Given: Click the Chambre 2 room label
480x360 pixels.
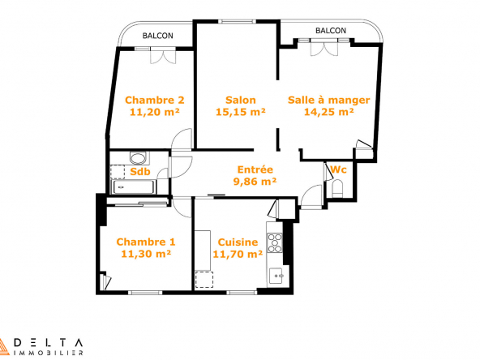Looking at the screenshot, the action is pyautogui.click(x=155, y=100).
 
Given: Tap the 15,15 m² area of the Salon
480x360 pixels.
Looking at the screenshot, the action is pyautogui.click(x=240, y=112).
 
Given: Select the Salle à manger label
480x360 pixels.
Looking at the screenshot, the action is pyautogui.click(x=328, y=100).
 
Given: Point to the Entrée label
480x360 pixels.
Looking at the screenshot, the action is pyautogui.click(x=255, y=169).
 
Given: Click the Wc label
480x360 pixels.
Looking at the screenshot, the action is pyautogui.click(x=338, y=169).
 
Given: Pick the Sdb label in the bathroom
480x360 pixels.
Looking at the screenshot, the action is pyautogui.click(x=140, y=171).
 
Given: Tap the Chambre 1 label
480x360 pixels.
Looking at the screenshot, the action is pyautogui.click(x=146, y=242).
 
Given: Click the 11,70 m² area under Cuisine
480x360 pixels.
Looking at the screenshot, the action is pyautogui.click(x=238, y=254).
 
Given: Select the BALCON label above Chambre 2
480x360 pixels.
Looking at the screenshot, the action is pyautogui.click(x=157, y=36).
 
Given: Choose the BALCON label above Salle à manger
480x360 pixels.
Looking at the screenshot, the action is pyautogui.click(x=331, y=31).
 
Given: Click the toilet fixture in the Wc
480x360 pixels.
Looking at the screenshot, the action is pyautogui.click(x=338, y=188).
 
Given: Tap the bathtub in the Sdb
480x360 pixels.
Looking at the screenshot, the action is pyautogui.click(x=133, y=186).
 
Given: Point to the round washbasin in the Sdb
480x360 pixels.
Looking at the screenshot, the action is pyautogui.click(x=138, y=159).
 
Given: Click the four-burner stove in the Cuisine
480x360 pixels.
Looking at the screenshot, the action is pyautogui.click(x=275, y=242).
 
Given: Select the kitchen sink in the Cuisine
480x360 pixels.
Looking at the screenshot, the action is pyautogui.click(x=277, y=276).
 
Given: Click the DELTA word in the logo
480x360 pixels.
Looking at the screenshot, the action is pyautogui.click(x=49, y=343).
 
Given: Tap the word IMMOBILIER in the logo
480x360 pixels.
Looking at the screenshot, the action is pyautogui.click(x=49, y=353).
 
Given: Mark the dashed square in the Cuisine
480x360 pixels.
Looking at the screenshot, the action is pyautogui.click(x=204, y=280).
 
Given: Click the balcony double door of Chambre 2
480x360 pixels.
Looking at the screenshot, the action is pyautogui.click(x=163, y=56).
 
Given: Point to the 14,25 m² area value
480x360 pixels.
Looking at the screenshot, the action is pyautogui.click(x=328, y=112).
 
